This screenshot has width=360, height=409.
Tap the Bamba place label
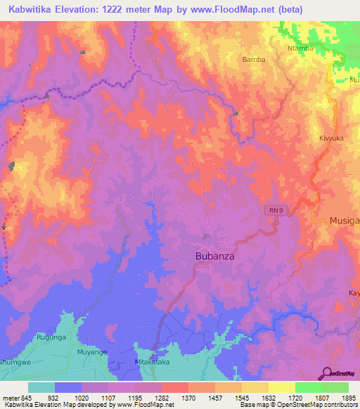coord(254,60)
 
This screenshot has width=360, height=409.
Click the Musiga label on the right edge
coord(345,221)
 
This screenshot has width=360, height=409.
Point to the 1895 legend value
coord(340,397)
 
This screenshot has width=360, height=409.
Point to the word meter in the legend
coord(10,397)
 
